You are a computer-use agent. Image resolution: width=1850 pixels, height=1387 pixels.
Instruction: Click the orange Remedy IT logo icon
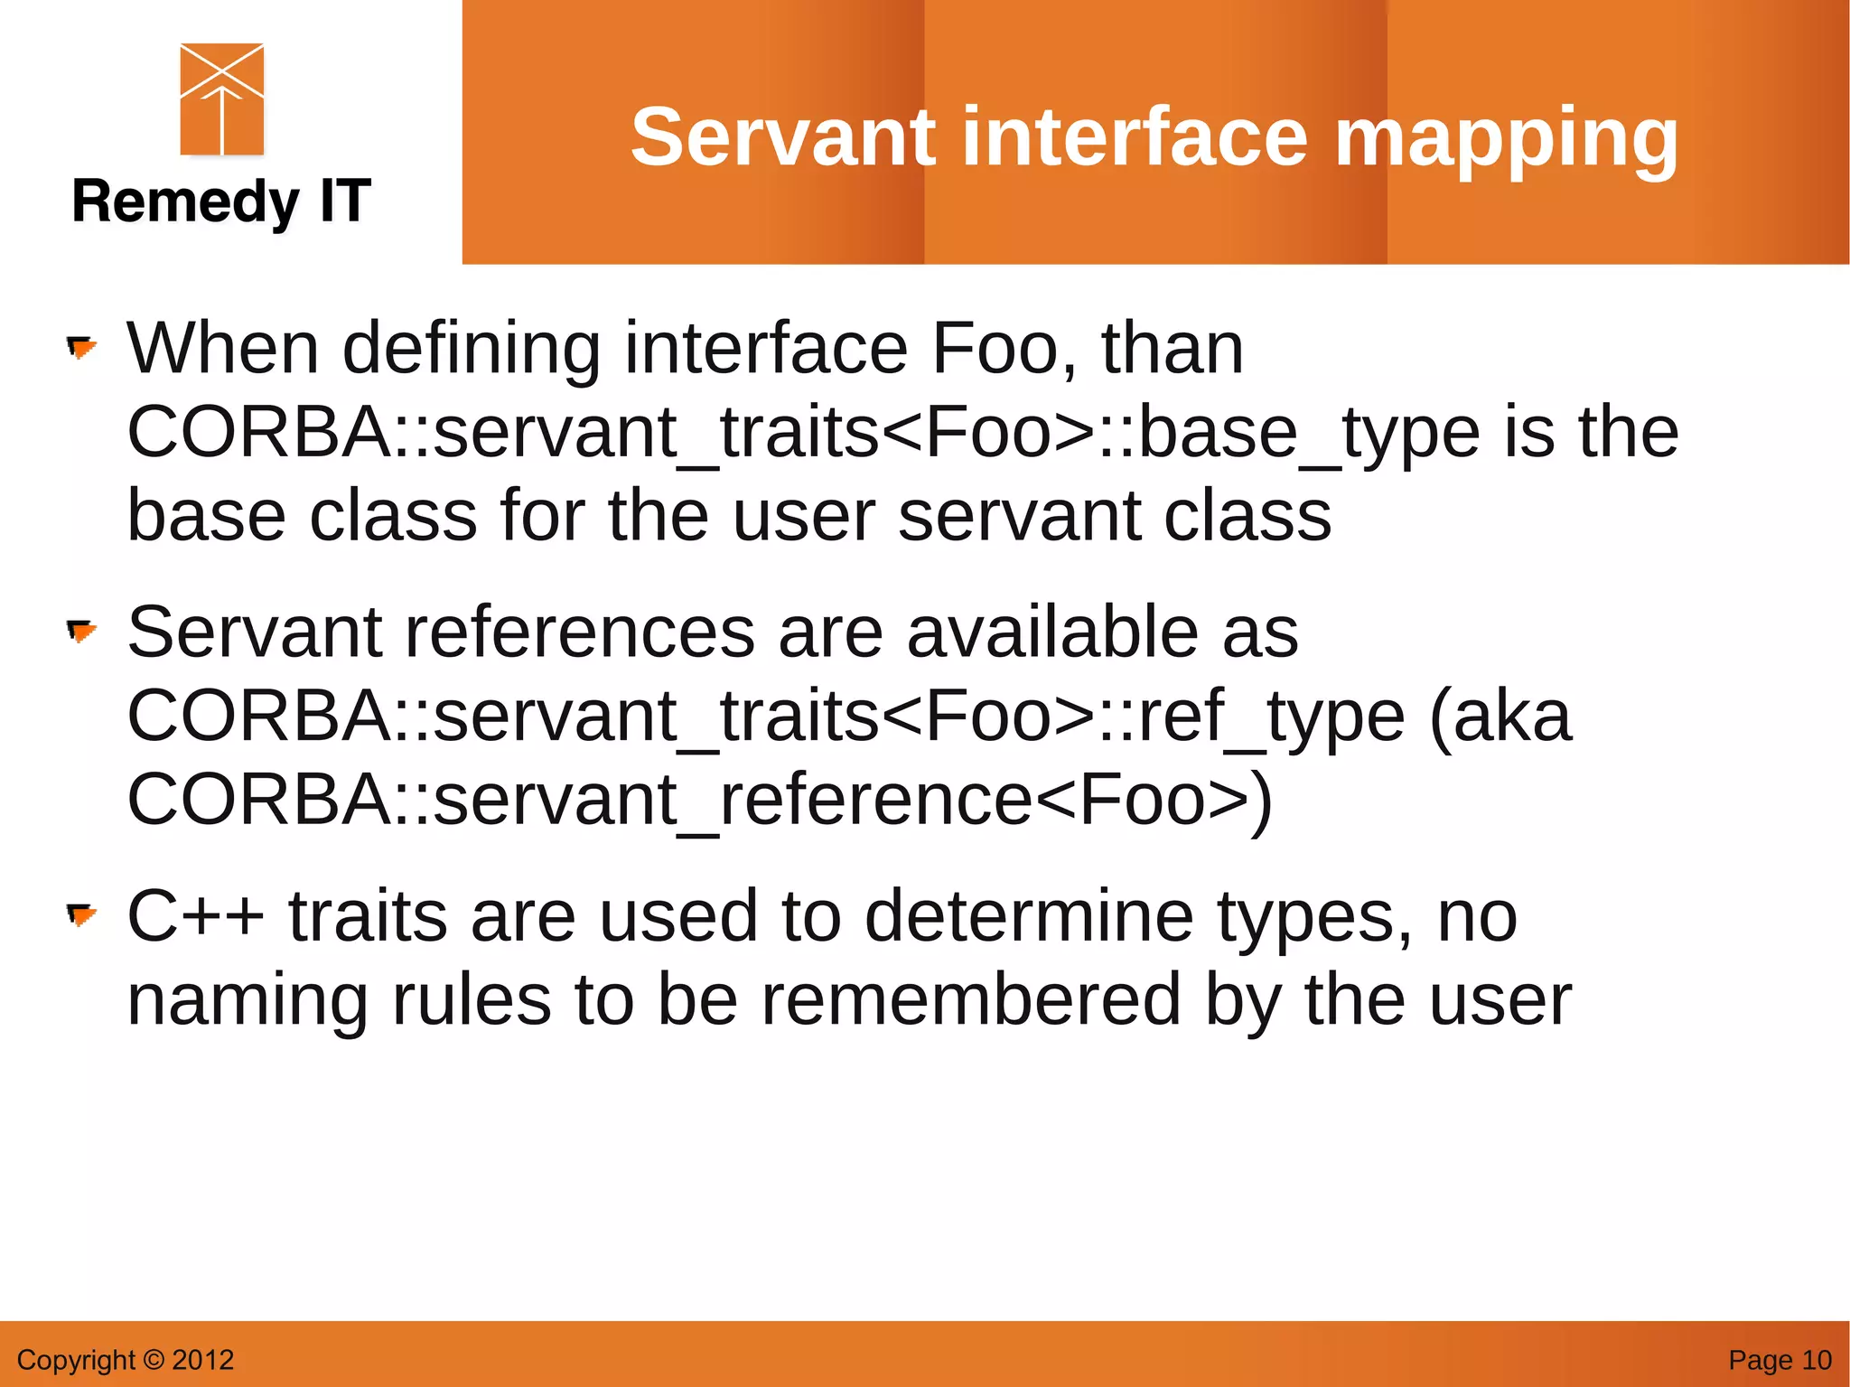(x=222, y=99)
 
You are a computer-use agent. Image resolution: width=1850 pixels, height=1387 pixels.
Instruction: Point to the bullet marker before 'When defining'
(x=81, y=348)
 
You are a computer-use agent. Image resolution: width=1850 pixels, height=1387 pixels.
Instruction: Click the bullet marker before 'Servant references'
(x=81, y=632)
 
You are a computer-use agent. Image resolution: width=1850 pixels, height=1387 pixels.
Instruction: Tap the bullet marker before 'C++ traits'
(x=81, y=915)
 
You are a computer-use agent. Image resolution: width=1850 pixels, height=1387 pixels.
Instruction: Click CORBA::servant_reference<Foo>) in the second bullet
(x=700, y=800)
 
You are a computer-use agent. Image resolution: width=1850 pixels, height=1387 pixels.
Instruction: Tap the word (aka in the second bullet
(x=1501, y=717)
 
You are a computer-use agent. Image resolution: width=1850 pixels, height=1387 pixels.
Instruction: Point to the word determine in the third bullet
(x=1029, y=915)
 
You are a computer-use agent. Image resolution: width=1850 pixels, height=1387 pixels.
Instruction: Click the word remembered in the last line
(x=971, y=999)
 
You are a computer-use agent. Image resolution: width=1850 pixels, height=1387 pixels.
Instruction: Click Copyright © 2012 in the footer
(x=126, y=1359)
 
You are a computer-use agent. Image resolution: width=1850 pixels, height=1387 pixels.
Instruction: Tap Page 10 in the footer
(x=1779, y=1359)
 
